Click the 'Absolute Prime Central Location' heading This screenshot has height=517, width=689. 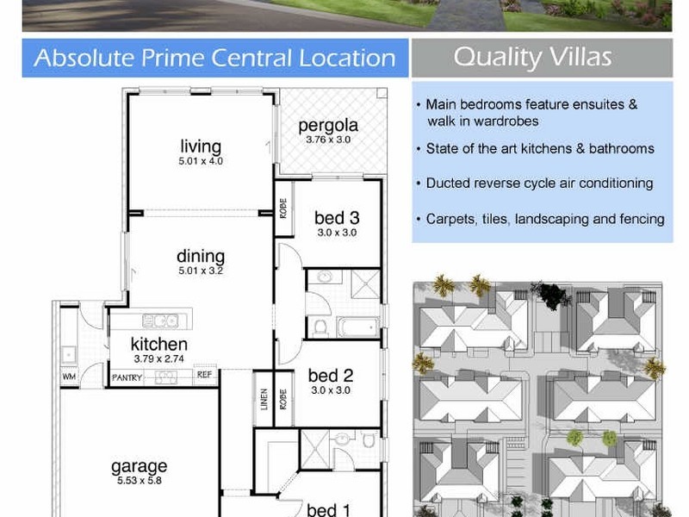tap(214, 59)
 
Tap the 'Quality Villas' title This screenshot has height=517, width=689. tap(532, 58)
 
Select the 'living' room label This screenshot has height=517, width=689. tap(201, 146)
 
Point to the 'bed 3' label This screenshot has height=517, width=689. tap(336, 218)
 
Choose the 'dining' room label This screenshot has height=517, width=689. tap(201, 256)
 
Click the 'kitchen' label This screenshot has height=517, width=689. tap(160, 345)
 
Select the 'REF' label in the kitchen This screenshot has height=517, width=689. tap(204, 376)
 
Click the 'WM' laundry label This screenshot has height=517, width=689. tap(68, 377)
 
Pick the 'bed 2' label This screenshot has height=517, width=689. tap(331, 376)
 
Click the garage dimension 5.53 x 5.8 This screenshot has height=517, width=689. tap(139, 480)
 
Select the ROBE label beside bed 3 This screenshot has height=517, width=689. tap(282, 209)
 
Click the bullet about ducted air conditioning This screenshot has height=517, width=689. tap(539, 184)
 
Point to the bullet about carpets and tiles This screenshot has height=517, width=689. tap(544, 219)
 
